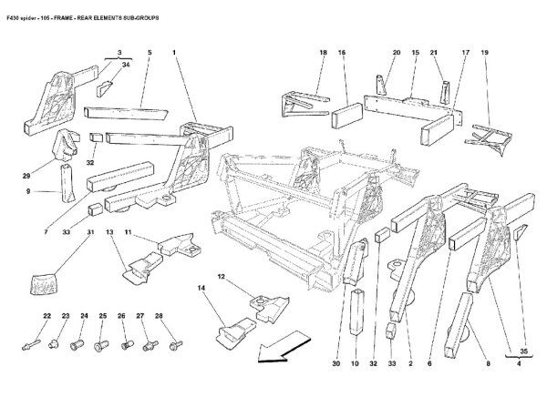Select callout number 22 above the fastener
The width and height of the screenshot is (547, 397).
(x=46, y=316)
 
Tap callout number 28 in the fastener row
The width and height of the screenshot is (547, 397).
(x=160, y=316)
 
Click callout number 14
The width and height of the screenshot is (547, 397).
(x=201, y=289)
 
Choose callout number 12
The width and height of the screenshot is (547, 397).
(x=221, y=276)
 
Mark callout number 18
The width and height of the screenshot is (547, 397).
(x=323, y=53)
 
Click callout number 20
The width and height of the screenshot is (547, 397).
(x=397, y=53)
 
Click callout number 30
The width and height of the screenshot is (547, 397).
(x=335, y=364)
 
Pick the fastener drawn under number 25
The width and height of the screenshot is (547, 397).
(x=102, y=345)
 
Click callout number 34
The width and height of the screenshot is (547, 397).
(x=127, y=65)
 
